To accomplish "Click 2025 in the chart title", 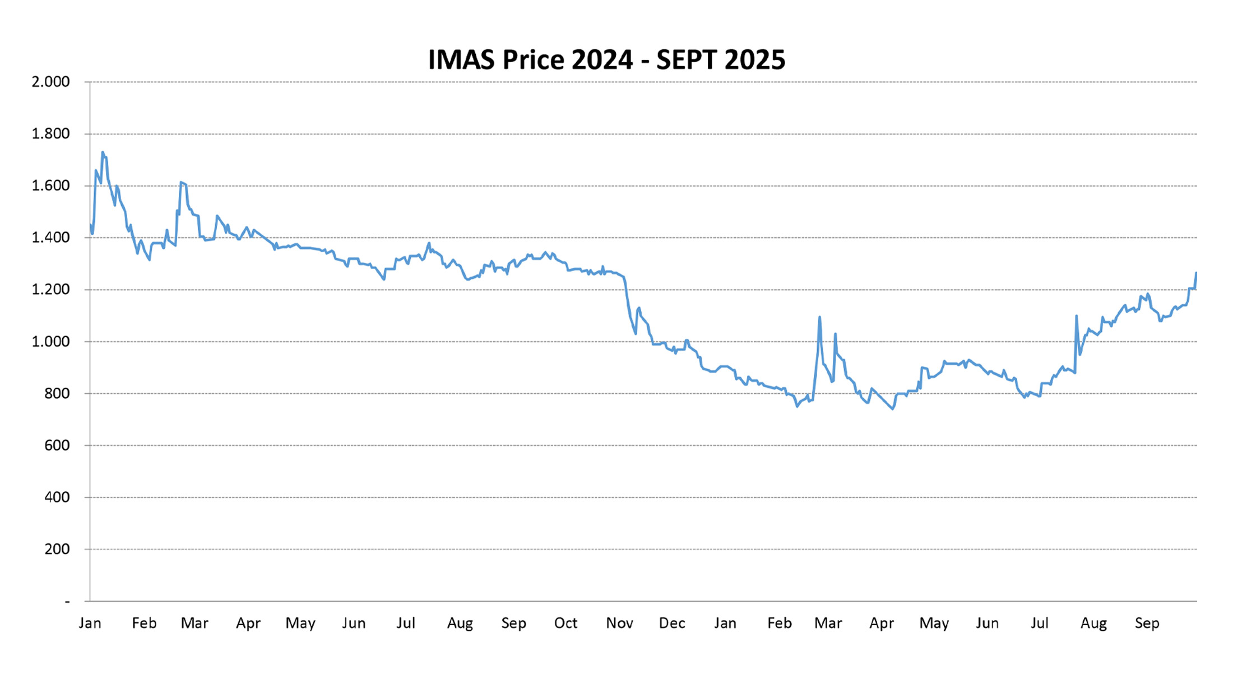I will (x=754, y=60).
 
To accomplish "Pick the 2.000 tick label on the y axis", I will (x=50, y=82).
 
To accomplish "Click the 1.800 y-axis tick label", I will (x=50, y=134).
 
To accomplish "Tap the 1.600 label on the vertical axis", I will (x=50, y=186).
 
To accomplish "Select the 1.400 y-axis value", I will (x=50, y=238).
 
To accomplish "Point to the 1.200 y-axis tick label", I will (x=50, y=290).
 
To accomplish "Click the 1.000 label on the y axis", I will (x=50, y=342).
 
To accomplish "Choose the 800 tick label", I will (x=57, y=394).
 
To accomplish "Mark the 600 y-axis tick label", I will (x=57, y=445).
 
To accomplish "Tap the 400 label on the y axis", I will (x=57, y=497).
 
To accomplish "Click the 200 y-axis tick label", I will (x=57, y=550).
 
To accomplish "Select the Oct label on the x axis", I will (x=565, y=623).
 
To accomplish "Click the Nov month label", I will (x=619, y=623).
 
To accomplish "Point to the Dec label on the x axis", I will (x=672, y=623).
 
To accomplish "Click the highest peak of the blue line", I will (x=103, y=152).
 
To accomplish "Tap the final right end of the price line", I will (x=1196, y=273).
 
